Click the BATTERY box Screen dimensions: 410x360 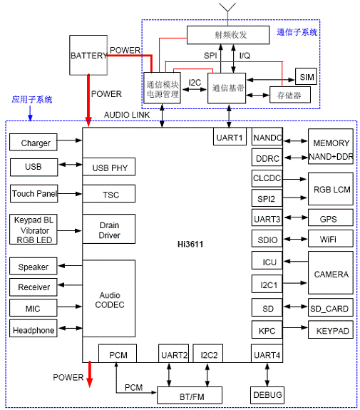coord(88,55)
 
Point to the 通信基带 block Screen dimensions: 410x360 coord(230,88)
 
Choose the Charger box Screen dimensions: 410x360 coord(35,143)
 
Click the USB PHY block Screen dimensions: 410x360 coord(109,168)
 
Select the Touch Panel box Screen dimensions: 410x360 coord(35,193)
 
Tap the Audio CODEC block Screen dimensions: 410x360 coord(109,299)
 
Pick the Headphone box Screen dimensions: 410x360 coord(35,329)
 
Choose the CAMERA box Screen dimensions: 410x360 coord(330,273)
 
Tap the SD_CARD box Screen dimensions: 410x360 coord(330,308)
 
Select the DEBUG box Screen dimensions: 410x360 coord(267,394)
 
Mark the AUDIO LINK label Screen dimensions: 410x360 coord(127,115)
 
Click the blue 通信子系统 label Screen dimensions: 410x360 coord(297,32)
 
